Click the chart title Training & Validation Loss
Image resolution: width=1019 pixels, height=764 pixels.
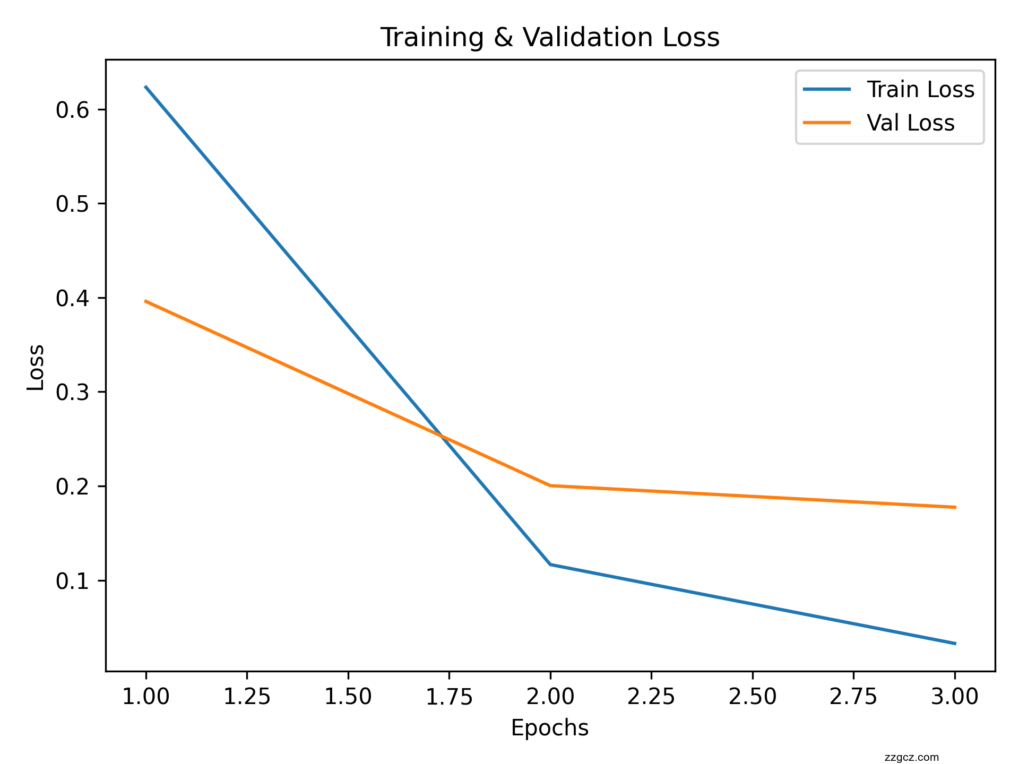coord(550,38)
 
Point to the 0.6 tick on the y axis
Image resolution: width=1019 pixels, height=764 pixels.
coord(73,110)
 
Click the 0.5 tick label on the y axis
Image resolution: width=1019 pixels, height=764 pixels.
coord(73,204)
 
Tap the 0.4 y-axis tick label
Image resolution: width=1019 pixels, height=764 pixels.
coord(73,298)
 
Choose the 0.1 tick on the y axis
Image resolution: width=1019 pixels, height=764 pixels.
coord(73,581)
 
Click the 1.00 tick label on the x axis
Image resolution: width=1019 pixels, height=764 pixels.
coord(146,697)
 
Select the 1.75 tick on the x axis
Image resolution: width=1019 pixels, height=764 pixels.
coord(449,697)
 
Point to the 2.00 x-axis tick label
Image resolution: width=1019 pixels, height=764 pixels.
coord(550,697)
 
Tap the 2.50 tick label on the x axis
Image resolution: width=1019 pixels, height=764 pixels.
coord(753,697)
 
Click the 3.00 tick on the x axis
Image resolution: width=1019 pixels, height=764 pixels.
coord(955,697)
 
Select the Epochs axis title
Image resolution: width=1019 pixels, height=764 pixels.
coord(550,728)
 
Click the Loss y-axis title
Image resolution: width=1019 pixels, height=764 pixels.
coord(36,367)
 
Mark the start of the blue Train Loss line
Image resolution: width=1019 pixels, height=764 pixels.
coord(146,86)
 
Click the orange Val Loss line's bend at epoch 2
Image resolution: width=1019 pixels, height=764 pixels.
coord(550,485)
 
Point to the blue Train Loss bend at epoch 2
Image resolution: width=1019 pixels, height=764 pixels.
coord(550,565)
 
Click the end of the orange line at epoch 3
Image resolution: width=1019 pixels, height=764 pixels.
coord(955,507)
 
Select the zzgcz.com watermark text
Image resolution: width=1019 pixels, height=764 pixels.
coord(912,758)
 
